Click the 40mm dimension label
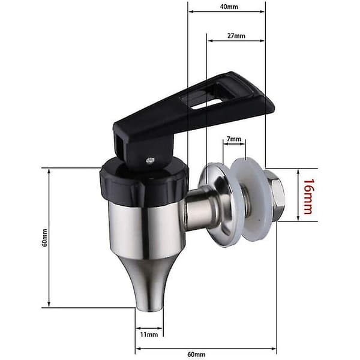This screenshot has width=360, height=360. coord(229,7)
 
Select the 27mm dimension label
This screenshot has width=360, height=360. coord(236,36)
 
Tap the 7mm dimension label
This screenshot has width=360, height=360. coord(234,139)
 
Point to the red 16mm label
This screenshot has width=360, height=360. coord(308,197)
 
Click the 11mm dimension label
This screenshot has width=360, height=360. coord(149,335)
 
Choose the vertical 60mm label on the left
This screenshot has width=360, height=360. coord(44,238)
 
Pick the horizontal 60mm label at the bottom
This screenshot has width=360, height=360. coord(196,354)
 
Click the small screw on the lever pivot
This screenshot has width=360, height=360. coord(151,160)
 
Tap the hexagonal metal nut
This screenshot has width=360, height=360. coord(274,195)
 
